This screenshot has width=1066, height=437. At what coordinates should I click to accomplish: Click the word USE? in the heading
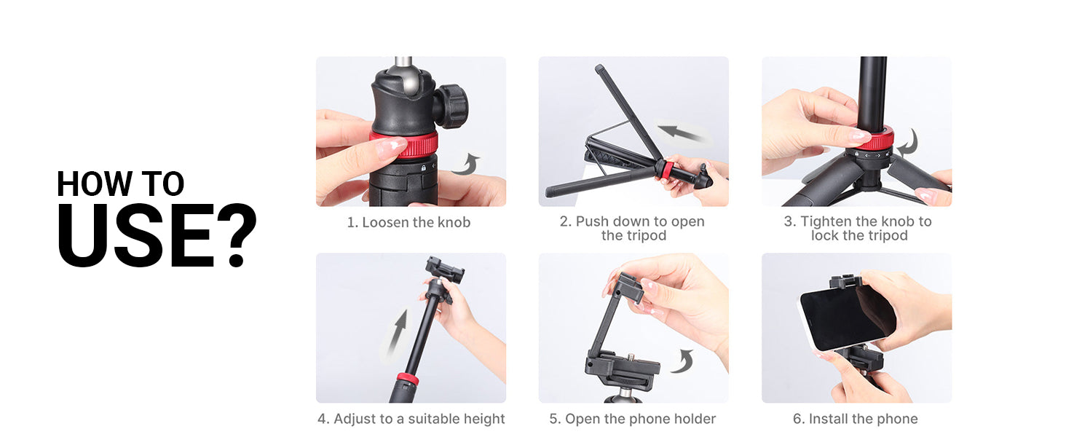point(157,235)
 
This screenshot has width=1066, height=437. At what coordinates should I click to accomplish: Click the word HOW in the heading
point(94,184)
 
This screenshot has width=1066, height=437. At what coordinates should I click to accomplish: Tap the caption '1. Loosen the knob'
point(408,222)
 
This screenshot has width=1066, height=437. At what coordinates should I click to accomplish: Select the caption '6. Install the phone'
point(855,419)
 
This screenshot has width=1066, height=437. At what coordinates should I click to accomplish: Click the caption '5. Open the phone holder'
point(633,419)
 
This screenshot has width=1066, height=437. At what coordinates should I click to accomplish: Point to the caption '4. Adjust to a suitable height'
point(411,419)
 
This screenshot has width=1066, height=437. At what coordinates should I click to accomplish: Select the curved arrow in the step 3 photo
point(909,143)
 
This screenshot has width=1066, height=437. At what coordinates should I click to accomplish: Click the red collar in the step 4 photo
point(408,379)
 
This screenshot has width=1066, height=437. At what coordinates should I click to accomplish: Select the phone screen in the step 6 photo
point(847,318)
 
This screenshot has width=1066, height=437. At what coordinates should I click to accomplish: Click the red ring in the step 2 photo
point(668,170)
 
